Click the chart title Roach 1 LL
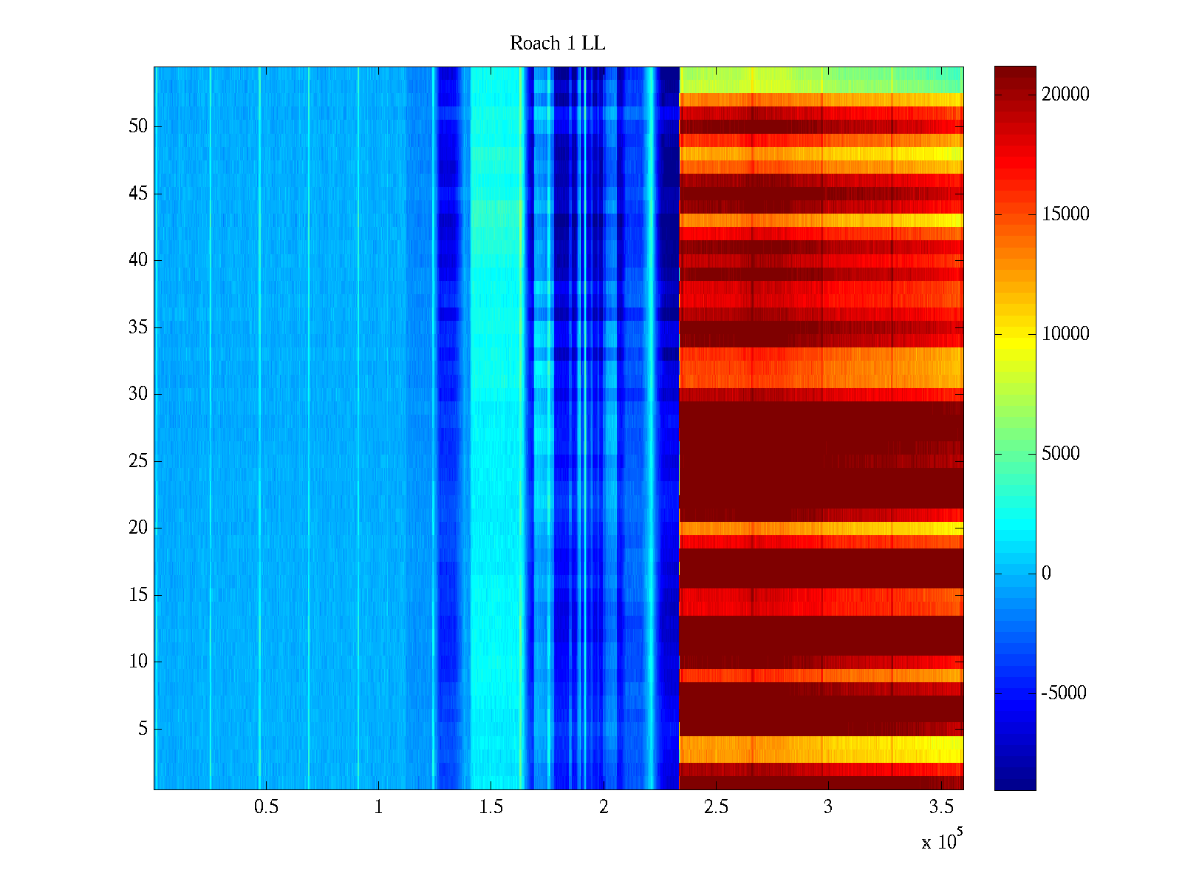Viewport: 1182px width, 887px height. pyautogui.click(x=557, y=44)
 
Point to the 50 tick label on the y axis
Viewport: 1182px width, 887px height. pyautogui.click(x=138, y=126)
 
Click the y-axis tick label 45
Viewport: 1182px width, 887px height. pyautogui.click(x=138, y=194)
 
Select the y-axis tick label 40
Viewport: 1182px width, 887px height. pyautogui.click(x=138, y=260)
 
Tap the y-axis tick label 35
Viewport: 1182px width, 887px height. pyautogui.click(x=138, y=327)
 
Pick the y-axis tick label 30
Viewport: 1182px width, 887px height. pyautogui.click(x=138, y=394)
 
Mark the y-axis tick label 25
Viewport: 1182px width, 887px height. pyautogui.click(x=138, y=461)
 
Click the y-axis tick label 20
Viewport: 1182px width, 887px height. pyautogui.click(x=138, y=528)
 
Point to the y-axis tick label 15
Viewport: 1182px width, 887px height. pyautogui.click(x=138, y=595)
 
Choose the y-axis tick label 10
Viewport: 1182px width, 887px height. pyautogui.click(x=138, y=662)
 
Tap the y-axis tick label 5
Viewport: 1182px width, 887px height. pyautogui.click(x=143, y=729)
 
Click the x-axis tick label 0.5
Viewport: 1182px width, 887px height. pyautogui.click(x=266, y=807)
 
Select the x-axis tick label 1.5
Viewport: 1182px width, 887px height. pyautogui.click(x=491, y=807)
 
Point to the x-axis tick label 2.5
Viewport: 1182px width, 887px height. pyautogui.click(x=716, y=807)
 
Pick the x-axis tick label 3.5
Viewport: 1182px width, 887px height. pyautogui.click(x=940, y=807)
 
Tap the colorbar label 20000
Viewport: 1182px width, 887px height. pyautogui.click(x=1065, y=95)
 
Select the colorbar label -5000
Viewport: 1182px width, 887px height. pyautogui.click(x=1064, y=693)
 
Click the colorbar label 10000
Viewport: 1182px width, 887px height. pyautogui.click(x=1065, y=334)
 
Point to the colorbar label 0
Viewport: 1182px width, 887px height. pyautogui.click(x=1046, y=574)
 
